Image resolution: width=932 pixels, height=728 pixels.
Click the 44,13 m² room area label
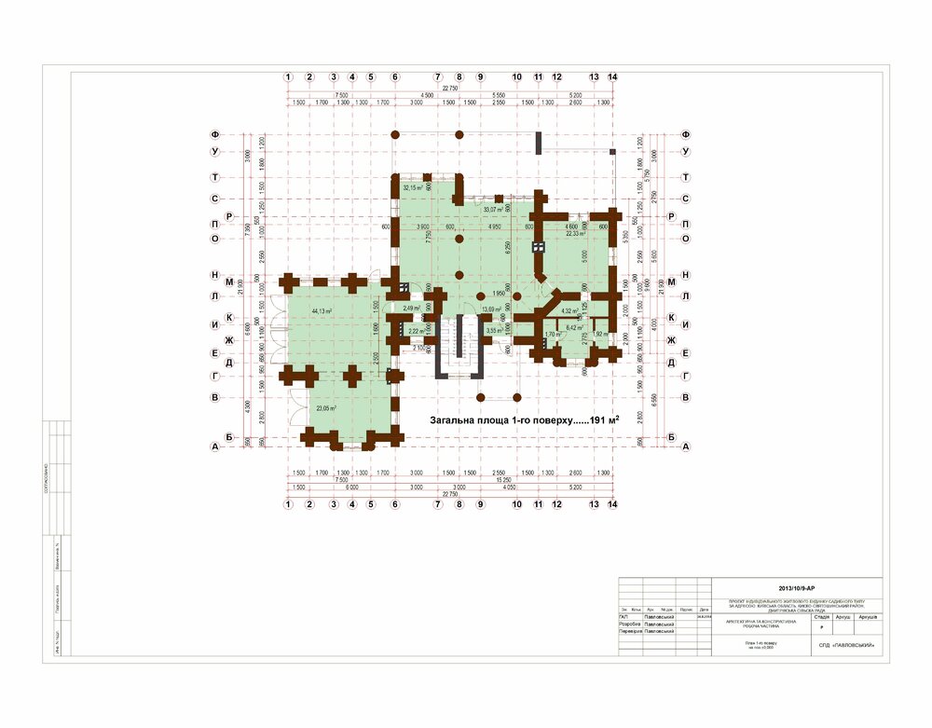322,310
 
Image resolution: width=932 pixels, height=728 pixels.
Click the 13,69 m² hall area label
491,309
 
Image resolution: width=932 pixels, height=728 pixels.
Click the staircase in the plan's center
458,345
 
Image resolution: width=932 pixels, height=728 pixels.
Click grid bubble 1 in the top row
290,76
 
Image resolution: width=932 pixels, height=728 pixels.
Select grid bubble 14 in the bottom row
612,504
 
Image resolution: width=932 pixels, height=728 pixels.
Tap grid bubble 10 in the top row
517,76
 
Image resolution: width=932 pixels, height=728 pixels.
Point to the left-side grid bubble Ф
215,135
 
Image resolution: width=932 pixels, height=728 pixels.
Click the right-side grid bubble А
686,446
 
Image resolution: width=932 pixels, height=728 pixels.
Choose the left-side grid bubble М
215,277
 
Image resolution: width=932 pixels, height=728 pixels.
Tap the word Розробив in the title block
630,624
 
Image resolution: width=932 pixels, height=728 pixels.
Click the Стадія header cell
821,616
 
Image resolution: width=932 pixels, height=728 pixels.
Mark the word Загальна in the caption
452,420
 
